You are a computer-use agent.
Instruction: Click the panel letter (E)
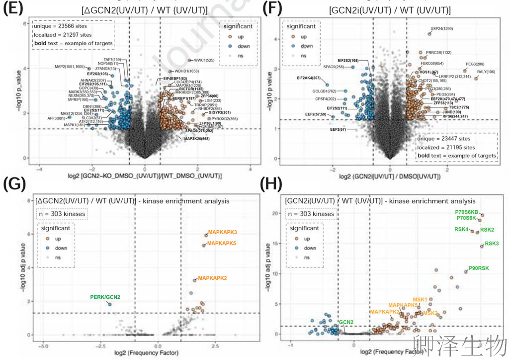[13, 10]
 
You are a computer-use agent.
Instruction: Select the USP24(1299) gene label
[442, 28]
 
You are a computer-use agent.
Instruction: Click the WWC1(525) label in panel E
[204, 60]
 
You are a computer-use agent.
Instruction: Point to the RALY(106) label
[486, 72]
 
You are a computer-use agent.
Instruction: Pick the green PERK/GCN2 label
[105, 297]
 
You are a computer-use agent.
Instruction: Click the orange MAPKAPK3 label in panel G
[222, 232]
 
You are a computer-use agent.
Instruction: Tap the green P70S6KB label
[466, 212]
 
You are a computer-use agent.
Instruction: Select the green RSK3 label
[492, 243]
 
